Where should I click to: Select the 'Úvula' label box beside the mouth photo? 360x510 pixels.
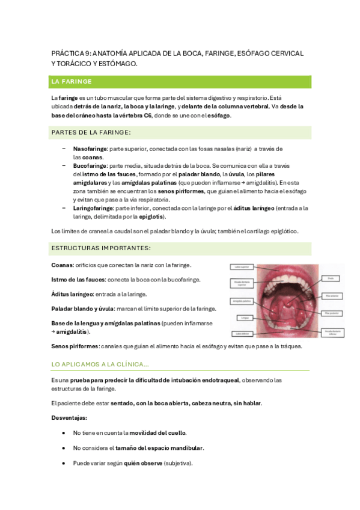point(332,278)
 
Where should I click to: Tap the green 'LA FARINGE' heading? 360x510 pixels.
point(72,81)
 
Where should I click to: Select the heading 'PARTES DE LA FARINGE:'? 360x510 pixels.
point(91,132)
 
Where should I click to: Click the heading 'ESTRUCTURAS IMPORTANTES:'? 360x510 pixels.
point(101,248)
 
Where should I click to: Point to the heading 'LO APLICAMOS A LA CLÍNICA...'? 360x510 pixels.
point(101,364)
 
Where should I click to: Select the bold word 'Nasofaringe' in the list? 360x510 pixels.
point(90,149)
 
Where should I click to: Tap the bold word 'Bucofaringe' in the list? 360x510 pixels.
point(90,165)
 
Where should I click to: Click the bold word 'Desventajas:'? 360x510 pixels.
point(70,417)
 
